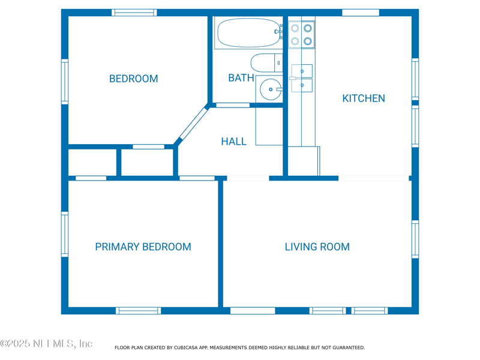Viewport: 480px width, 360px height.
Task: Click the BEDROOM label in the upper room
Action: [x=133, y=79]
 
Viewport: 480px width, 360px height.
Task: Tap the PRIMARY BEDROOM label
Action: [x=143, y=247]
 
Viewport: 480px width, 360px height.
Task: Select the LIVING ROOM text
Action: [x=317, y=247]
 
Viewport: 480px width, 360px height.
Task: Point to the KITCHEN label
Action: [x=364, y=98]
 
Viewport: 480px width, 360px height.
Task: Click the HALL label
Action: [x=234, y=142]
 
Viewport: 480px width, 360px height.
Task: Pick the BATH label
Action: [x=241, y=78]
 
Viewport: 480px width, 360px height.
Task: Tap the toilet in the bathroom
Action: [x=266, y=63]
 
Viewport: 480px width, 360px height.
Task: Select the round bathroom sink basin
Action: [x=271, y=89]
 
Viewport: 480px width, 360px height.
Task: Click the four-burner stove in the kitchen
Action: [x=302, y=35]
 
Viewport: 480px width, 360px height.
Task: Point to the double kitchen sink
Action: [x=302, y=78]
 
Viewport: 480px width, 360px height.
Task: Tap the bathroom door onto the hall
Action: [x=233, y=106]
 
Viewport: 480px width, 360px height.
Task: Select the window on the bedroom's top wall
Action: [x=134, y=13]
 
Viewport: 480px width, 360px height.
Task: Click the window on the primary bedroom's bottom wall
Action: [x=139, y=311]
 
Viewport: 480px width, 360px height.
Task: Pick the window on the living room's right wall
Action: [x=415, y=239]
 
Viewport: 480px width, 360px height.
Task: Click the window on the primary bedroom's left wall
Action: [x=65, y=234]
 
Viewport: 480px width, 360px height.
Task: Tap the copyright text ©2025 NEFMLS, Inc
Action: [x=46, y=344]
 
